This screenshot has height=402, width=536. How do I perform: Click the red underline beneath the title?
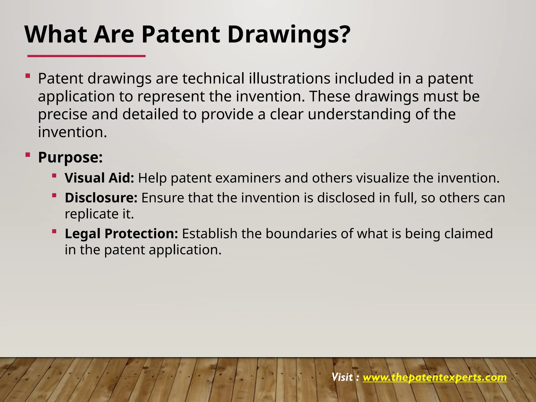86,56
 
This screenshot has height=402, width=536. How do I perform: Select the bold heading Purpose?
70,157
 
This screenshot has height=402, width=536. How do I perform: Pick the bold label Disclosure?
101,198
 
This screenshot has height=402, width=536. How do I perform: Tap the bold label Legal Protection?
121,233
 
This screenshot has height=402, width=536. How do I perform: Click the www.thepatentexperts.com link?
434,377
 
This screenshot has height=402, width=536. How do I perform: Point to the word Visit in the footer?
342,377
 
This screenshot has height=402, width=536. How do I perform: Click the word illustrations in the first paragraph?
289,79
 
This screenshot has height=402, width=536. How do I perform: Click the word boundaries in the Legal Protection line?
301,233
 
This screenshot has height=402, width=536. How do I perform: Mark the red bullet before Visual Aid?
54,176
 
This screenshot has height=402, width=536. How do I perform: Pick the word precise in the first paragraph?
63,115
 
